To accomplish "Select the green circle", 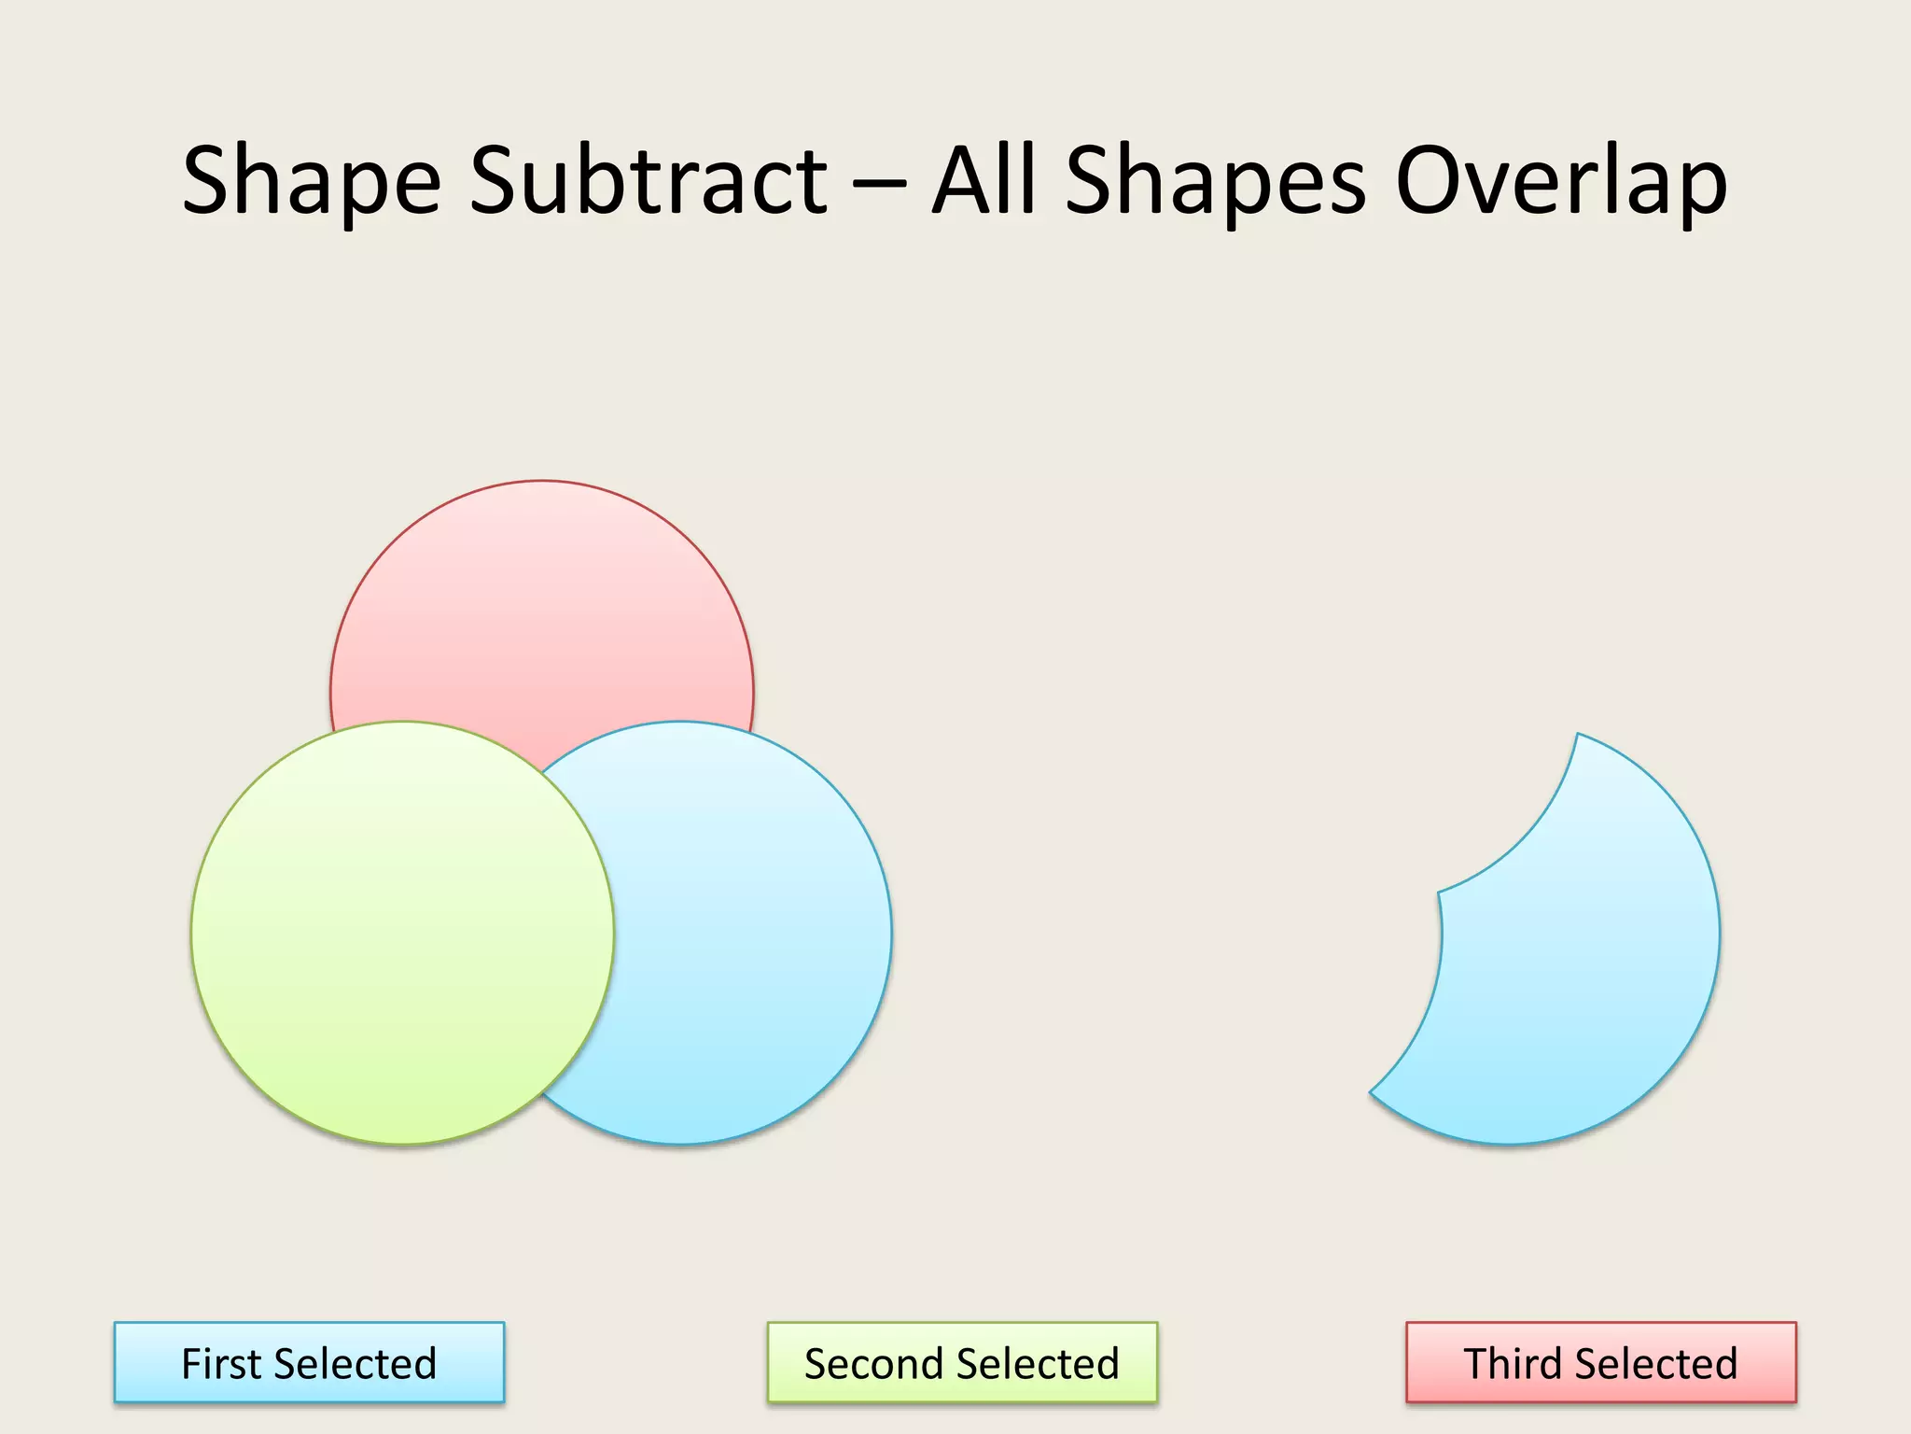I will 402,933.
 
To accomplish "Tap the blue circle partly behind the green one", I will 746,934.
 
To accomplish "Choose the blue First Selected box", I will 309,1362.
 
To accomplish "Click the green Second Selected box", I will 962,1362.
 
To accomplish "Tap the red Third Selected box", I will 1600,1362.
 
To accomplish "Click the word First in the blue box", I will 221,1364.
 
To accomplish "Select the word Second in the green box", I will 870,1364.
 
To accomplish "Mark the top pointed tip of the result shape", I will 1578,736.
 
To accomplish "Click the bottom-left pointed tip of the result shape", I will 1371,1091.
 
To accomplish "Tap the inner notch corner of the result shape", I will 1440,893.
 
